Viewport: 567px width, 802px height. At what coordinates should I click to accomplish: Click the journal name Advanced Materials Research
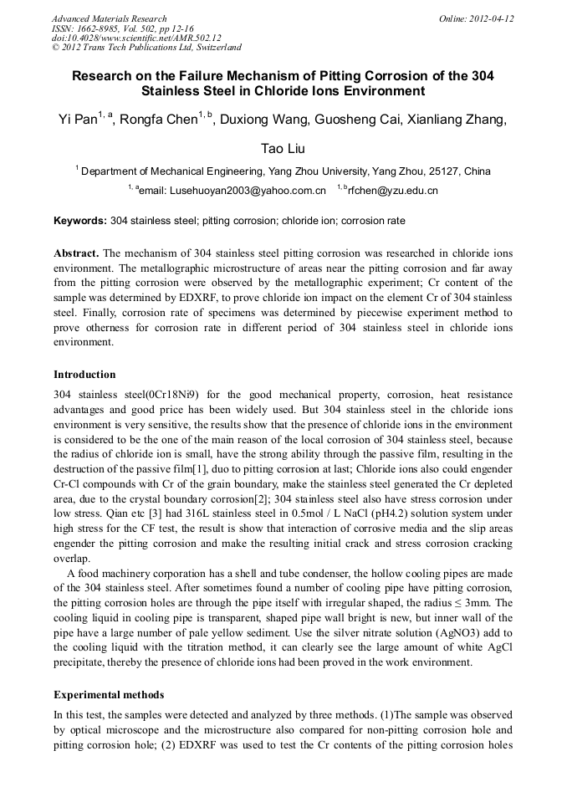tap(109, 18)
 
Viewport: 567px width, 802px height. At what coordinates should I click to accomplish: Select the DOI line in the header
tap(136, 38)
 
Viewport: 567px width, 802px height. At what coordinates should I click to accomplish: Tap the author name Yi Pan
tap(77, 120)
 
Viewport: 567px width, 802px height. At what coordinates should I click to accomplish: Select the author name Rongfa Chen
tap(159, 120)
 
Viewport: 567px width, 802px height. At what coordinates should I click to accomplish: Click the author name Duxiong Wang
tap(266, 120)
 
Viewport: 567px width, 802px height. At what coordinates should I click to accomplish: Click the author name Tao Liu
tap(283, 148)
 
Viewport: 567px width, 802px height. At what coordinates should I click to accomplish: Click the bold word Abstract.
tap(78, 253)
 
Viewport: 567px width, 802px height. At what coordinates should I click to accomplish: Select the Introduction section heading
tap(84, 374)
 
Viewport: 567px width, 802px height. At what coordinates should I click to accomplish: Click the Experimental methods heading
tap(109, 694)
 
